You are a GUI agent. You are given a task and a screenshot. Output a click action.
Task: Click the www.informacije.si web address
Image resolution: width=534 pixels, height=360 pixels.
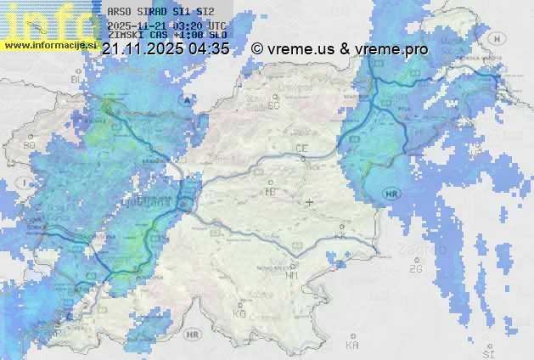click(51, 44)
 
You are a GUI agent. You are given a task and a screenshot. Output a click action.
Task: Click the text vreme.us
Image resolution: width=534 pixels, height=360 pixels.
click(301, 49)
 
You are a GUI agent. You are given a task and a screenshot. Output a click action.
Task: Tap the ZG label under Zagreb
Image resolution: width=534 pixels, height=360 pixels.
click(415, 269)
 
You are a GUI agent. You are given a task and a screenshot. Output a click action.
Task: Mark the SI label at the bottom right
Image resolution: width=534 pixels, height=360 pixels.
click(486, 351)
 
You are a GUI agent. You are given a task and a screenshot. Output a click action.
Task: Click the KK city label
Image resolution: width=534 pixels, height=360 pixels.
click(340, 237)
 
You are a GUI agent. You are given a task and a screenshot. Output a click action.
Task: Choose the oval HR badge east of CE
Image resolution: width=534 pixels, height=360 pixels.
click(391, 194)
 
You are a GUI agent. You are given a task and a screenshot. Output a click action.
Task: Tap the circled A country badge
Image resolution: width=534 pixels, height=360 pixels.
click(186, 100)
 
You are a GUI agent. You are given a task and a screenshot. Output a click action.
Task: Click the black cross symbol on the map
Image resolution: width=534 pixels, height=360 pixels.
click(310, 202)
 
